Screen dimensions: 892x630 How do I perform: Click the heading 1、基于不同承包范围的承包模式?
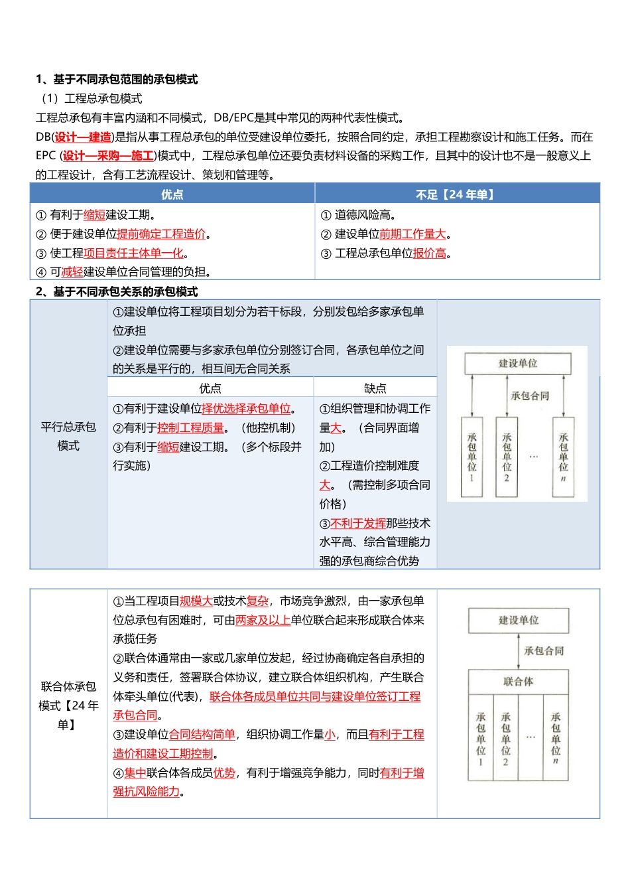pyautogui.click(x=117, y=80)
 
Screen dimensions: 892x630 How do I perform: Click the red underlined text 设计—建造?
pyautogui.click(x=83, y=137)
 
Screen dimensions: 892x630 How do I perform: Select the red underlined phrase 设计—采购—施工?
pyautogui.click(x=108, y=156)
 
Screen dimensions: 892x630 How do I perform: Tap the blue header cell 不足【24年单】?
pyautogui.click(x=457, y=194)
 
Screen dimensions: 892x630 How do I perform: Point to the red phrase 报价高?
pyautogui.click(x=430, y=254)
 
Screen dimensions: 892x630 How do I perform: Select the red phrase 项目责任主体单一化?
pyautogui.click(x=133, y=254)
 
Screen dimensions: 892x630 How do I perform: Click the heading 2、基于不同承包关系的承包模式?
pyautogui.click(x=117, y=292)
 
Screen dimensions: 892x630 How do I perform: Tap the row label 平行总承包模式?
pyautogui.click(x=68, y=436)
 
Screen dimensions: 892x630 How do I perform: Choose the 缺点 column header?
pyautogui.click(x=375, y=388)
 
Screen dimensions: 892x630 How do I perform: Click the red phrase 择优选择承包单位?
pyautogui.click(x=246, y=409)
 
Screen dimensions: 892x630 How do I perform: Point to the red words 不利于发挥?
pyautogui.click(x=358, y=524)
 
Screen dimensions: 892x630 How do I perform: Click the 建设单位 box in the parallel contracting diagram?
pyautogui.click(x=518, y=364)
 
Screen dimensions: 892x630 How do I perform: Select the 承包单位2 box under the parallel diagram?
pyautogui.click(x=507, y=457)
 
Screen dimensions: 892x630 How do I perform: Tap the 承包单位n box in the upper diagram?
pyautogui.click(x=563, y=457)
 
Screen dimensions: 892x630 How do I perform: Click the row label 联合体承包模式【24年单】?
pyautogui.click(x=68, y=705)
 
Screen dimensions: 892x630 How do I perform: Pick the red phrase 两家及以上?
pyautogui.click(x=263, y=621)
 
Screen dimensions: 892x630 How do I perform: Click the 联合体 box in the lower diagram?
pyautogui.click(x=519, y=682)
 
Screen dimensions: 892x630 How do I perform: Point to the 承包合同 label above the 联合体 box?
pyautogui.click(x=544, y=651)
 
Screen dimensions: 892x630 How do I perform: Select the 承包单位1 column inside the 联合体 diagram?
pyautogui.click(x=481, y=739)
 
